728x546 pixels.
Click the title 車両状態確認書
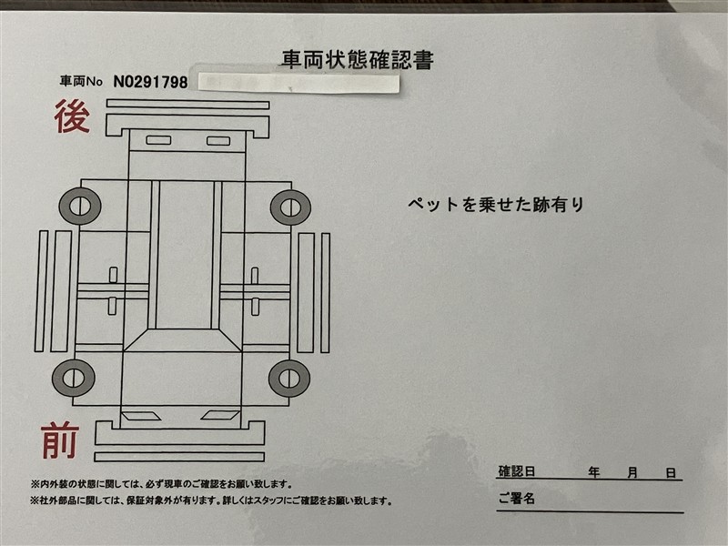point(357,60)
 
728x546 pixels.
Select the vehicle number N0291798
point(150,82)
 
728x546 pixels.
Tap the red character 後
point(72,116)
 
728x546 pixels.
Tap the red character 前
point(59,440)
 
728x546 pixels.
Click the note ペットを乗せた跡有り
point(496,204)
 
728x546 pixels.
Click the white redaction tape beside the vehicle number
point(299,84)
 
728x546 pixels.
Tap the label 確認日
point(517,471)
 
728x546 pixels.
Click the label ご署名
point(517,499)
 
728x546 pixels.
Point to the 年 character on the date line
point(594,472)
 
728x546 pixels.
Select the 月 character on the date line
point(632,473)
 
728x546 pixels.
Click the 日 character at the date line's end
point(671,473)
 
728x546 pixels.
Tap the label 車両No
point(81,82)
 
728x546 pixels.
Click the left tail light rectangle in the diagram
point(158,140)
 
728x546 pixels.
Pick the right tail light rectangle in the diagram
point(218,141)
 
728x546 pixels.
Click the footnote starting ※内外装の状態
point(162,484)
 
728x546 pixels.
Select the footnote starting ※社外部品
point(211,501)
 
